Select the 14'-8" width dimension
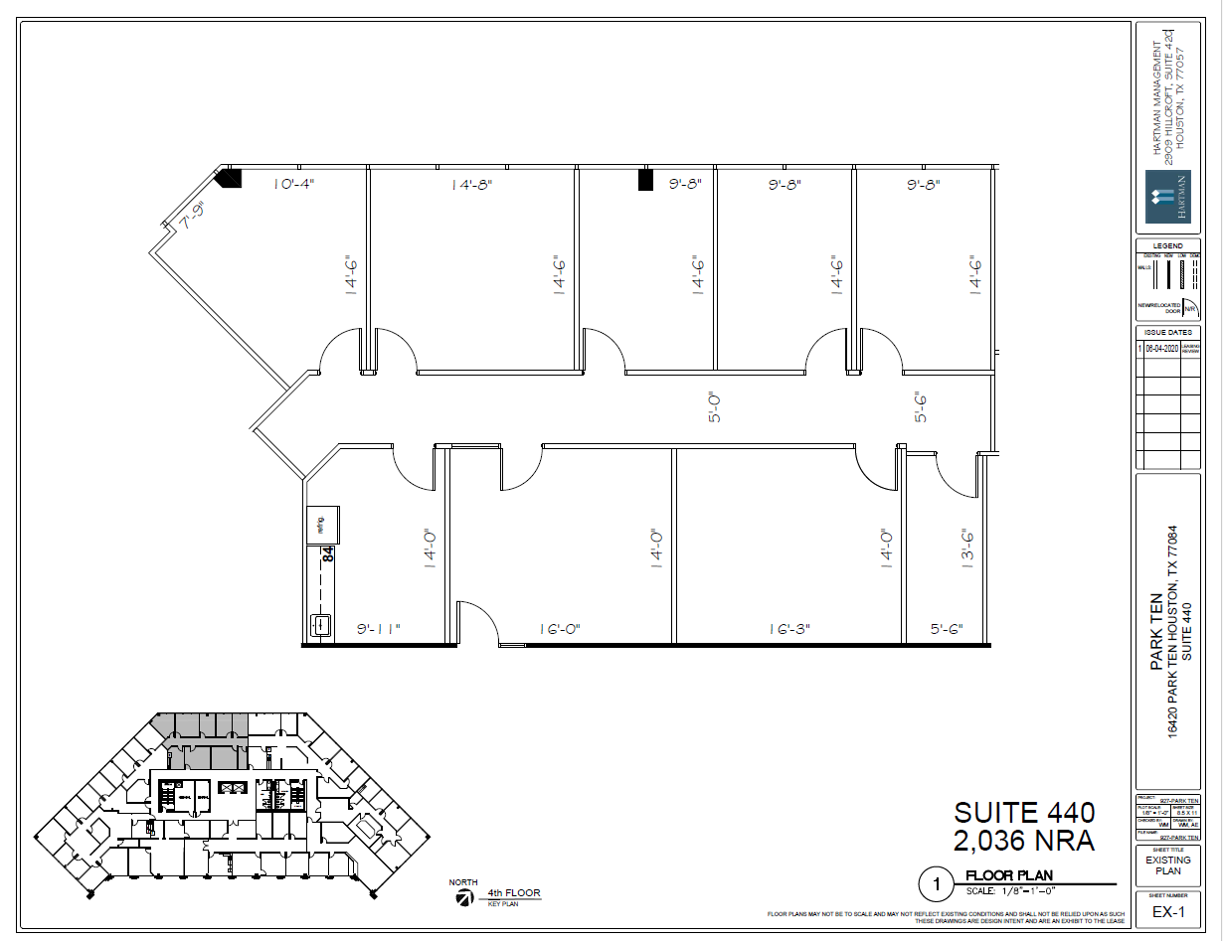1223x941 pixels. pyautogui.click(x=471, y=184)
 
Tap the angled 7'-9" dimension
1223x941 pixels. pyautogui.click(x=191, y=216)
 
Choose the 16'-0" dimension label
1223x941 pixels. pyautogui.click(x=560, y=629)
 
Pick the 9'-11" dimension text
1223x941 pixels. pyautogui.click(x=378, y=629)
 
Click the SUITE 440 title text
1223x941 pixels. pyautogui.click(x=1024, y=812)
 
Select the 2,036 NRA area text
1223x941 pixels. pyautogui.click(x=1024, y=841)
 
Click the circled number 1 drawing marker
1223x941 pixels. pyautogui.click(x=935, y=881)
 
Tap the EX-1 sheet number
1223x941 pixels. pyautogui.click(x=1168, y=912)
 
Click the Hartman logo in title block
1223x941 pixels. pyautogui.click(x=1167, y=196)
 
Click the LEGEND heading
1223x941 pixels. pyautogui.click(x=1168, y=245)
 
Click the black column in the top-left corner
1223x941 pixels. pyautogui.click(x=231, y=178)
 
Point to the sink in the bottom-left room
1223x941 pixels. pyautogui.click(x=321, y=625)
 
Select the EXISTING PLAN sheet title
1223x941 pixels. pyautogui.click(x=1168, y=865)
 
